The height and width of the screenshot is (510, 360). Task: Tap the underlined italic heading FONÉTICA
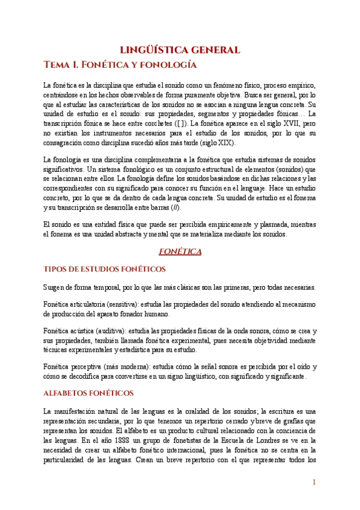click(180, 252)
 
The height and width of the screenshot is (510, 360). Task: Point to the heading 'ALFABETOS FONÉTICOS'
click(88, 393)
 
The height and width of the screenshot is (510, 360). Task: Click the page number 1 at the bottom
click(314, 483)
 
